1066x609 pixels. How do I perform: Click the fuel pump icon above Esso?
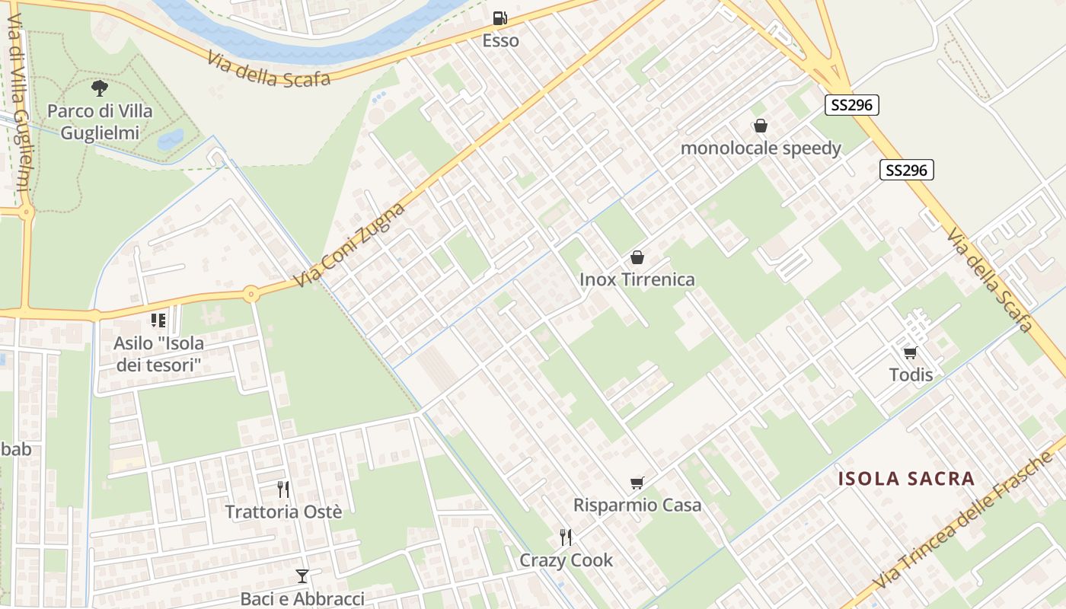point(499,18)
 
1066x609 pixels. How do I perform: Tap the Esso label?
point(500,41)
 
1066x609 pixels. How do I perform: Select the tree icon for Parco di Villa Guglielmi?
point(100,89)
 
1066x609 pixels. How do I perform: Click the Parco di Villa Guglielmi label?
point(100,122)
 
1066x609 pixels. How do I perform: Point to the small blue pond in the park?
point(171,139)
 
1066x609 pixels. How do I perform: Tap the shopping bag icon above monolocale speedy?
point(760,126)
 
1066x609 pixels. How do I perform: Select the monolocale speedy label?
point(761,148)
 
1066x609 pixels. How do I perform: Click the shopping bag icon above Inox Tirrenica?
point(637,257)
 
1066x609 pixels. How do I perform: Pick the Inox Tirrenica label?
point(637,279)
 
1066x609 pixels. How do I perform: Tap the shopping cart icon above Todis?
point(910,352)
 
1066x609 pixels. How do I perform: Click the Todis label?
point(911,375)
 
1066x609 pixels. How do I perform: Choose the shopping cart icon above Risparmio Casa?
point(637,483)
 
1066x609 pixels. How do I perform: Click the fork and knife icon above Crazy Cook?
point(566,537)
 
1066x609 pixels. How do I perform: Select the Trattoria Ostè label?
point(283,512)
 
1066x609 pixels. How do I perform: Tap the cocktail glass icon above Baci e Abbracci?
point(302,576)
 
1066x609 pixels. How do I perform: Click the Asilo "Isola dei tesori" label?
point(158,354)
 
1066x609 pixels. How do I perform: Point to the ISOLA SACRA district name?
point(906,479)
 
